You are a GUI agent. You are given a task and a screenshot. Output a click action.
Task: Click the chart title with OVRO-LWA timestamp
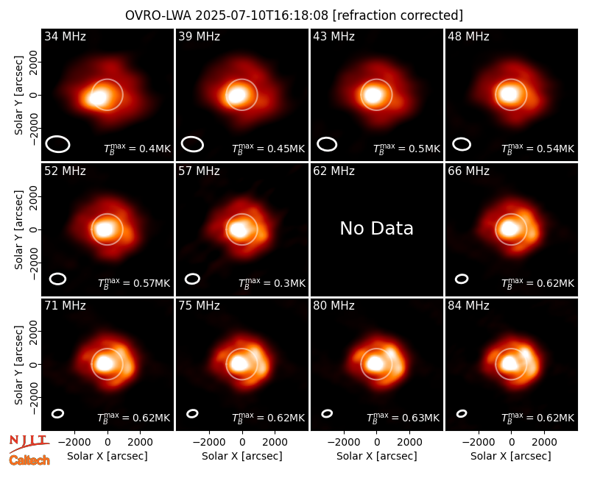(x=294, y=15)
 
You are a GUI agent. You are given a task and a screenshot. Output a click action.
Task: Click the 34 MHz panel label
(x=65, y=36)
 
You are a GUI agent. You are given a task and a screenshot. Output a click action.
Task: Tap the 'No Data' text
(x=376, y=228)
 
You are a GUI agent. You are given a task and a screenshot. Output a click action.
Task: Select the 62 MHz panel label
(x=334, y=171)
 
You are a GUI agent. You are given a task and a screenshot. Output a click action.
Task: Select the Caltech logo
(x=29, y=460)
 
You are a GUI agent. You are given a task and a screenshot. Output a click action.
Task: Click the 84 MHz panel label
(x=468, y=306)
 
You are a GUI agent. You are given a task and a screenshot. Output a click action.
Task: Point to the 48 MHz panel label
(x=468, y=36)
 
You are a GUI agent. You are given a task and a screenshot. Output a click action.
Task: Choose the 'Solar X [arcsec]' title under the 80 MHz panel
(x=376, y=456)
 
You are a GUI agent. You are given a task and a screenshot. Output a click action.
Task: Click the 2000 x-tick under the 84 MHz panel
(x=544, y=443)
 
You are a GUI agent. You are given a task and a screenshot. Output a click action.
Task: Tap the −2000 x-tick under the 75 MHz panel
(x=209, y=443)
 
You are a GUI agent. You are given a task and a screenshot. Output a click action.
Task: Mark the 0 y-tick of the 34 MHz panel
(x=34, y=95)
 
